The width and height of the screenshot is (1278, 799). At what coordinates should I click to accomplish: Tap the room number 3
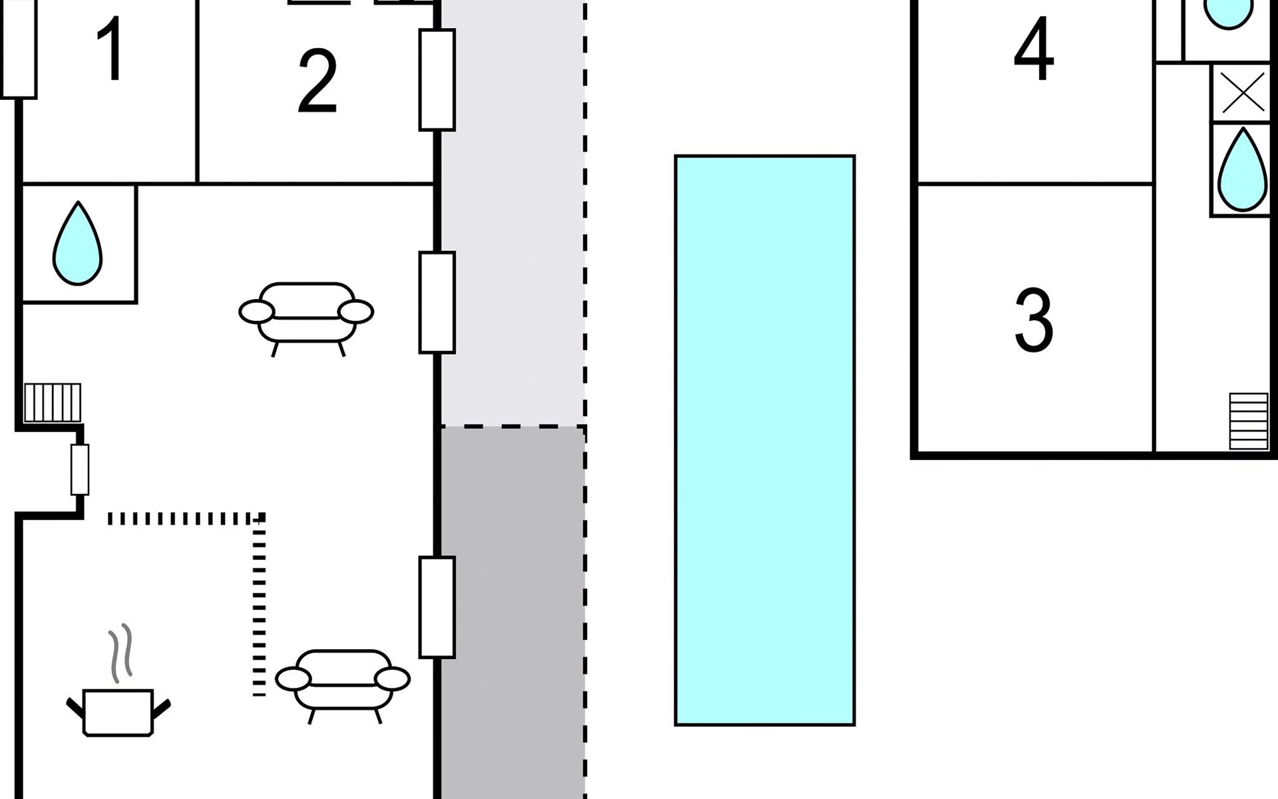pos(1034,320)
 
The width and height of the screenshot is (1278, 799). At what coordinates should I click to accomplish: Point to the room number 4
pos(1034,49)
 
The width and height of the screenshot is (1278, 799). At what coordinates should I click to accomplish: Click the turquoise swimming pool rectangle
pos(765,440)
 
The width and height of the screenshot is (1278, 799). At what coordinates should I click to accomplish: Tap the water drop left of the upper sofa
pos(78,243)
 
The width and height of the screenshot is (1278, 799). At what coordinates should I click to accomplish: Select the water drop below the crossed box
pos(1242,170)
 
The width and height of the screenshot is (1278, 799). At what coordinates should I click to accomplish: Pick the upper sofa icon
pos(306,318)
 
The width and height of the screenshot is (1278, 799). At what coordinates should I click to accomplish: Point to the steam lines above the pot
pos(120,654)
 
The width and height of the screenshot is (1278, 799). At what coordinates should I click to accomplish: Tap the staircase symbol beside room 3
pos(1249,421)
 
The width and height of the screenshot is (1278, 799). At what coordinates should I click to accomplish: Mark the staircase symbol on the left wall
pos(53,402)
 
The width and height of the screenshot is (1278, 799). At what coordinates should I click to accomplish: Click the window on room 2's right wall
pos(437,80)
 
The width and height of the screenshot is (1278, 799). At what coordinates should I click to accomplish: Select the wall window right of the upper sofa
pos(437,302)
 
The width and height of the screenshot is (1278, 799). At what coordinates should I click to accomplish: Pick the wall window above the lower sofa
pos(437,607)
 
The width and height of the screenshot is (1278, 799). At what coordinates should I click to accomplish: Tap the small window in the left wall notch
pos(80,469)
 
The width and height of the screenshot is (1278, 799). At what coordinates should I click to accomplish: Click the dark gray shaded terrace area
pos(513,613)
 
